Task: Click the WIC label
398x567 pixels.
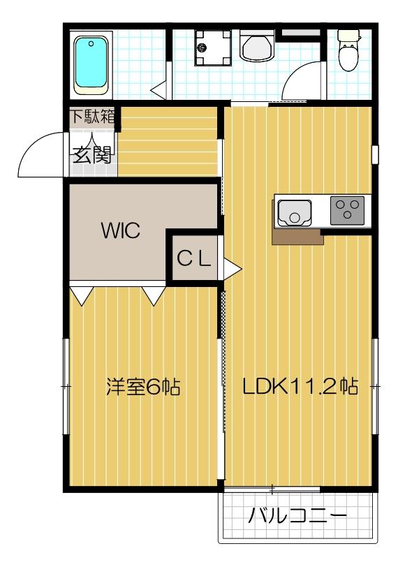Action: [x=120, y=230]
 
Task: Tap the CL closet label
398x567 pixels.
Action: [x=193, y=258]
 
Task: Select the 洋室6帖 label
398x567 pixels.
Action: [x=142, y=386]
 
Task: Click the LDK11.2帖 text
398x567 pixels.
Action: [x=300, y=386]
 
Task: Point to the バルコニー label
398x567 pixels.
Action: [x=297, y=517]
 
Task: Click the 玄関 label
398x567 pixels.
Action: [x=91, y=155]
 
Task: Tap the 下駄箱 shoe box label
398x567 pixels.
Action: [x=92, y=117]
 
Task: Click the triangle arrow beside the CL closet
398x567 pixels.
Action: [x=232, y=267]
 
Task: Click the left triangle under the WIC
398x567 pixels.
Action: [x=80, y=296]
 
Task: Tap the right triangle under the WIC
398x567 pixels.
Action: [x=154, y=296]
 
